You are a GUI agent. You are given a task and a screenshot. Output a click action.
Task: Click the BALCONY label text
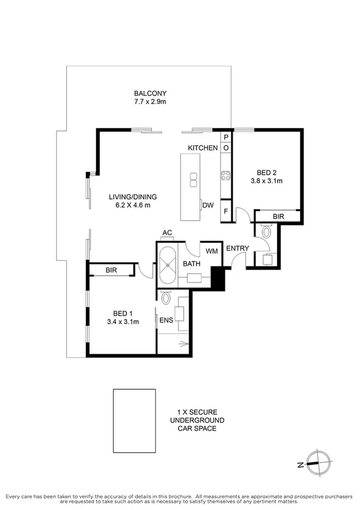(150, 93)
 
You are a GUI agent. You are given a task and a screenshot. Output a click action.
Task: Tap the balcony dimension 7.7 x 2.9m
(150, 103)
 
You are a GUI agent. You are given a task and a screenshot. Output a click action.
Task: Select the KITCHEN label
(203, 147)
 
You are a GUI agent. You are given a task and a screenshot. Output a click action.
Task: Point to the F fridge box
(226, 212)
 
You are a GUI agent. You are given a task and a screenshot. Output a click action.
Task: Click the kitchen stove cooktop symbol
(227, 176)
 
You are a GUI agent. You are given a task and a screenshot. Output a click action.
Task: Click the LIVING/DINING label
(133, 196)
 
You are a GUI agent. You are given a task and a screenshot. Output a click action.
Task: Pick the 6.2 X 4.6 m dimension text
(133, 206)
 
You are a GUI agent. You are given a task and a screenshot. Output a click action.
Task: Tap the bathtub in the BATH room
(166, 264)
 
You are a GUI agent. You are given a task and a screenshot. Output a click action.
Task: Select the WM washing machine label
(211, 250)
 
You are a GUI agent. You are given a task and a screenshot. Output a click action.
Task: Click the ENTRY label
(237, 248)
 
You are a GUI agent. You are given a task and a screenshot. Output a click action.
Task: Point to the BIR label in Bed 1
(111, 271)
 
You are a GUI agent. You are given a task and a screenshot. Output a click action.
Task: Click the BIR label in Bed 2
(278, 216)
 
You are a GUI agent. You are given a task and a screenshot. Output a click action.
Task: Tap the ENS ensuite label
(166, 320)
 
